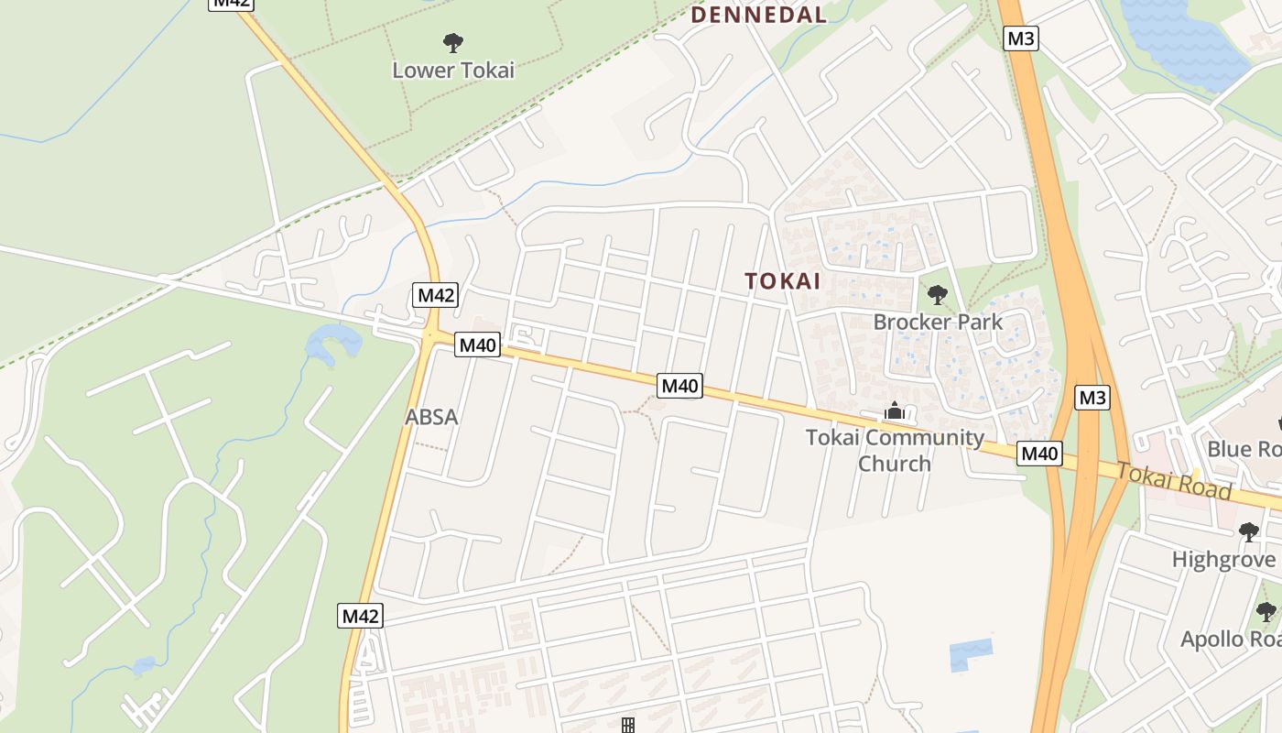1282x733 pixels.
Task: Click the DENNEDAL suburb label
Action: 758,15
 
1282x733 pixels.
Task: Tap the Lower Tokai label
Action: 453,70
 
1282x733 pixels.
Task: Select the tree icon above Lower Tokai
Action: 452,42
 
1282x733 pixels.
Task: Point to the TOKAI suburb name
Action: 783,281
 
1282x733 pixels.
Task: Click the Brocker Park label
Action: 938,322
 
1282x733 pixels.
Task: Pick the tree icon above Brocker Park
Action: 937,295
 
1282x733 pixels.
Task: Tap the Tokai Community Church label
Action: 895,450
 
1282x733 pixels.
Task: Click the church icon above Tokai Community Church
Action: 895,412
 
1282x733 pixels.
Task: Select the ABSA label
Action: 431,417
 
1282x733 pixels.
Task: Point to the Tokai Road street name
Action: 1175,480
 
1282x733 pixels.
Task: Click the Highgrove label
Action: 1223,559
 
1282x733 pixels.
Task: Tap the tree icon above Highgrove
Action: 1248,532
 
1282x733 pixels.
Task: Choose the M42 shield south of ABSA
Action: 360,616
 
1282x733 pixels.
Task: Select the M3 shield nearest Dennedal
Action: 1021,38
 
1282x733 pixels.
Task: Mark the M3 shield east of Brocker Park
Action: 1092,398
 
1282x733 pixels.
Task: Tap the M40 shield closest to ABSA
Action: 477,345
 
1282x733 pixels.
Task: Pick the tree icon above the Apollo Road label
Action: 1266,611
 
